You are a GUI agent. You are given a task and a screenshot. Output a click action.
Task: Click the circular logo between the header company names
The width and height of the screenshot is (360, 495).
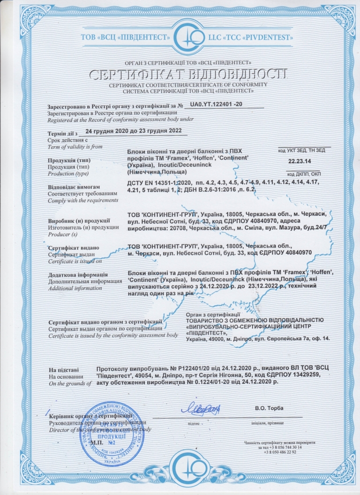pos(180,36)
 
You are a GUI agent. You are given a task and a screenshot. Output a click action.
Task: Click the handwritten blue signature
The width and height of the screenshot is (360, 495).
pos(201,409)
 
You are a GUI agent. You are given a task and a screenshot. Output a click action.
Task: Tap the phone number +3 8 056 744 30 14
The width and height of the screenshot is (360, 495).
pos(280,448)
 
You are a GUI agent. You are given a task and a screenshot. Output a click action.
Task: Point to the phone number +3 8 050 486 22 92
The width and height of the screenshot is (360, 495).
pos(280,452)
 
